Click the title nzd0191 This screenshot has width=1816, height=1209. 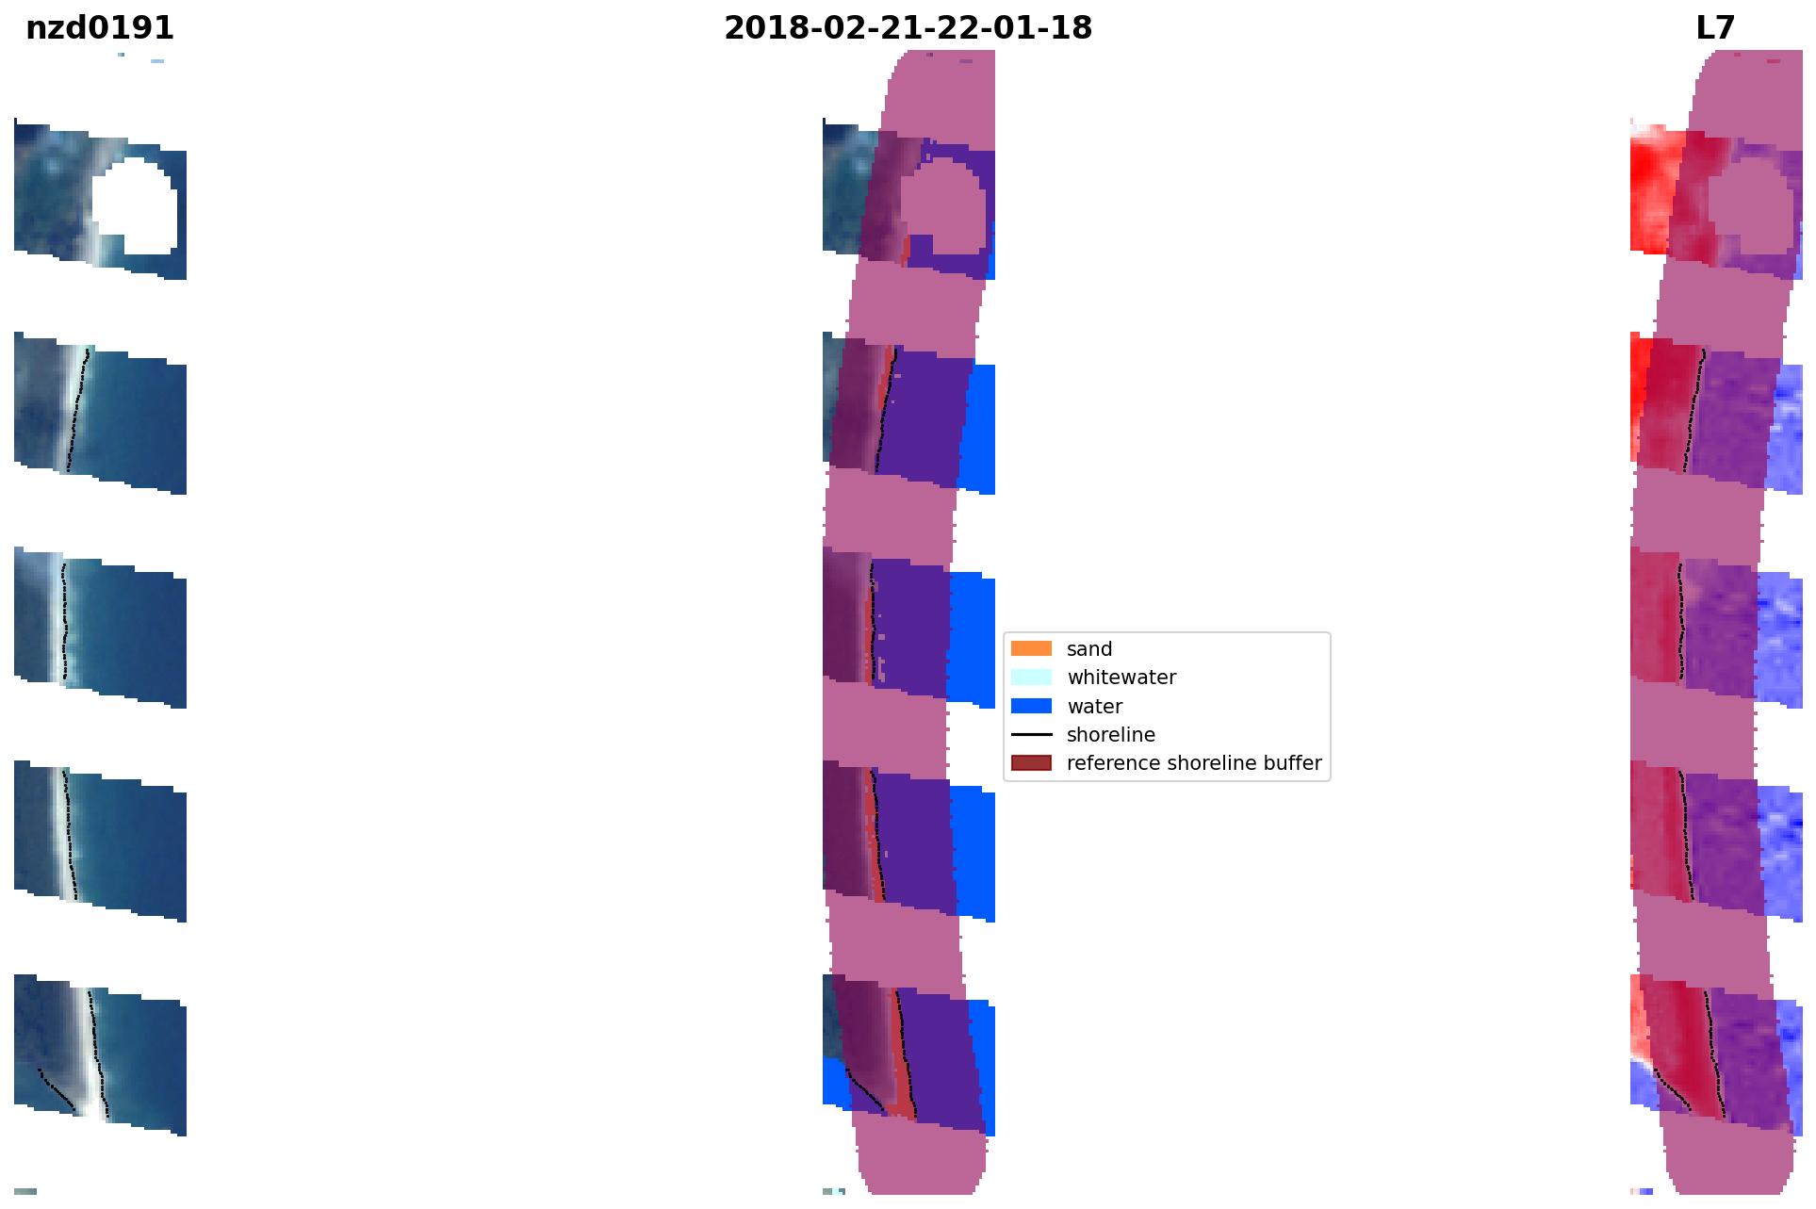point(100,28)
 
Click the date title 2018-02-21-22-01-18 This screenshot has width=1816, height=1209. point(908,28)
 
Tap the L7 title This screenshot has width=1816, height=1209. point(1715,28)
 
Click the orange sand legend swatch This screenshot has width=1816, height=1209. point(1031,648)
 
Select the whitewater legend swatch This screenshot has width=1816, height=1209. point(1031,677)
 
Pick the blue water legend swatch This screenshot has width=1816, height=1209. point(1031,706)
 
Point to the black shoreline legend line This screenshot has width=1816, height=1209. point(1031,734)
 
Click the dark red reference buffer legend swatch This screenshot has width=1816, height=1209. point(1031,762)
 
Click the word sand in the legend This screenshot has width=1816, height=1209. point(1089,649)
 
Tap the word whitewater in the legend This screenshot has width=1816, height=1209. point(1121,678)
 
